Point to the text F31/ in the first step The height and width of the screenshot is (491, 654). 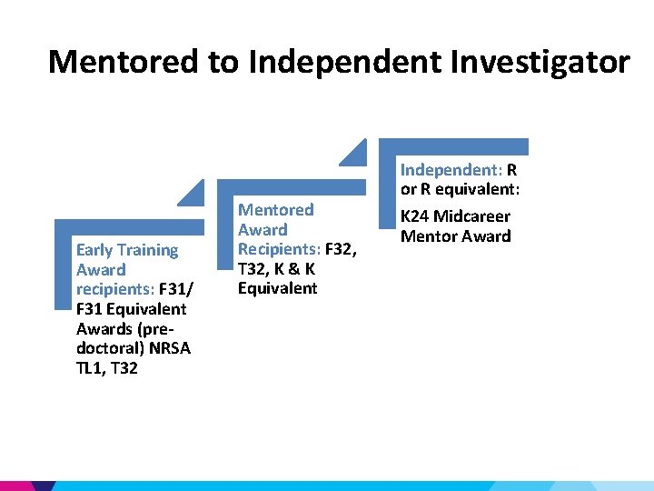coord(175,290)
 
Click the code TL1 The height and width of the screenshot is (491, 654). coord(93,369)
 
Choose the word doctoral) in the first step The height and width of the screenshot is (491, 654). coord(107,349)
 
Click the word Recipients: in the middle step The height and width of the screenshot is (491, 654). coord(278,249)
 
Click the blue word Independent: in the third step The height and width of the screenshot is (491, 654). coord(451,170)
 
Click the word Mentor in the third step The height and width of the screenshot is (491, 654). coord(427,236)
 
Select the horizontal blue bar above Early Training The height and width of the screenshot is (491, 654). coord(129,227)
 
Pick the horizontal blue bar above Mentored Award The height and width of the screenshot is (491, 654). coord(291,186)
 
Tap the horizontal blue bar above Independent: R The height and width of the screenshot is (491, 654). coord(453,146)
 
